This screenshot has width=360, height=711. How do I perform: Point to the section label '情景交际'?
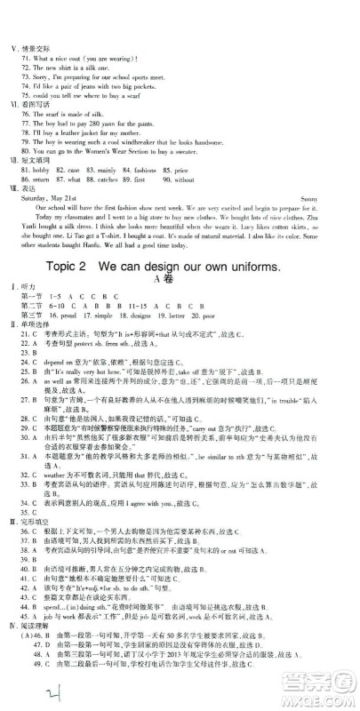pyautogui.click(x=36, y=47)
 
